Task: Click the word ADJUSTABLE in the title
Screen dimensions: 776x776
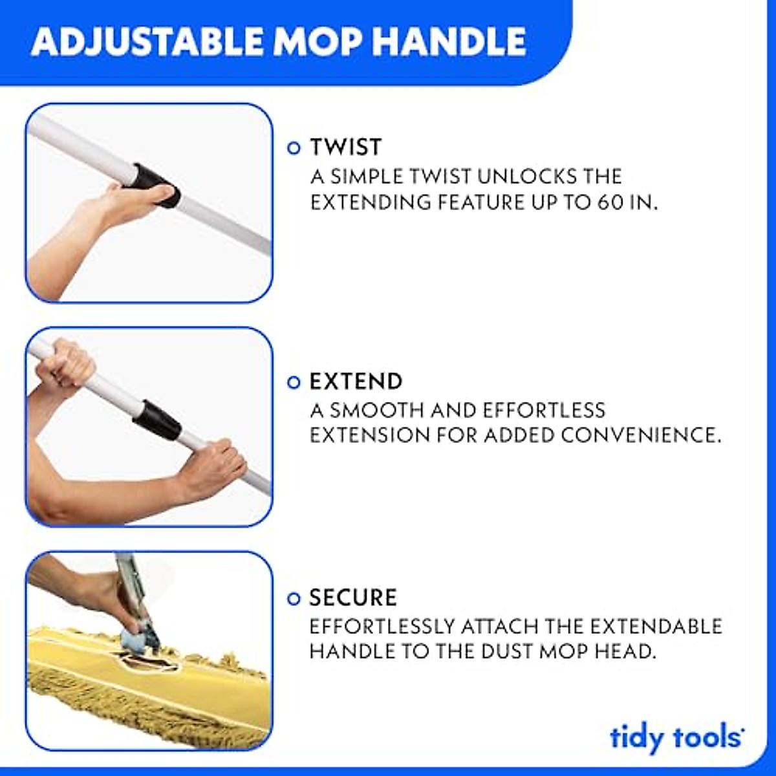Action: coord(147,42)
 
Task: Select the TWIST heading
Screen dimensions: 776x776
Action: coord(346,147)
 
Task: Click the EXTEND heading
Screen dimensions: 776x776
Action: coord(356,382)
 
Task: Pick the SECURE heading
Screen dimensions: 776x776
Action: coord(353,598)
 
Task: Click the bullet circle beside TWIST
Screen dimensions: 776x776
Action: coord(294,148)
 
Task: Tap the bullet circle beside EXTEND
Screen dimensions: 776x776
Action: coord(294,382)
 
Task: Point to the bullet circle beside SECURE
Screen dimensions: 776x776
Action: coord(294,598)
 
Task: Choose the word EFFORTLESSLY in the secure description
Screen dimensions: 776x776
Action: coord(382,626)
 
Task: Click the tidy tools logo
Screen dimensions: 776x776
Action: coord(676,738)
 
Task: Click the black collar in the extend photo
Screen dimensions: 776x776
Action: coord(157,419)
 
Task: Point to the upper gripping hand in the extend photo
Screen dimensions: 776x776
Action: coord(65,365)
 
